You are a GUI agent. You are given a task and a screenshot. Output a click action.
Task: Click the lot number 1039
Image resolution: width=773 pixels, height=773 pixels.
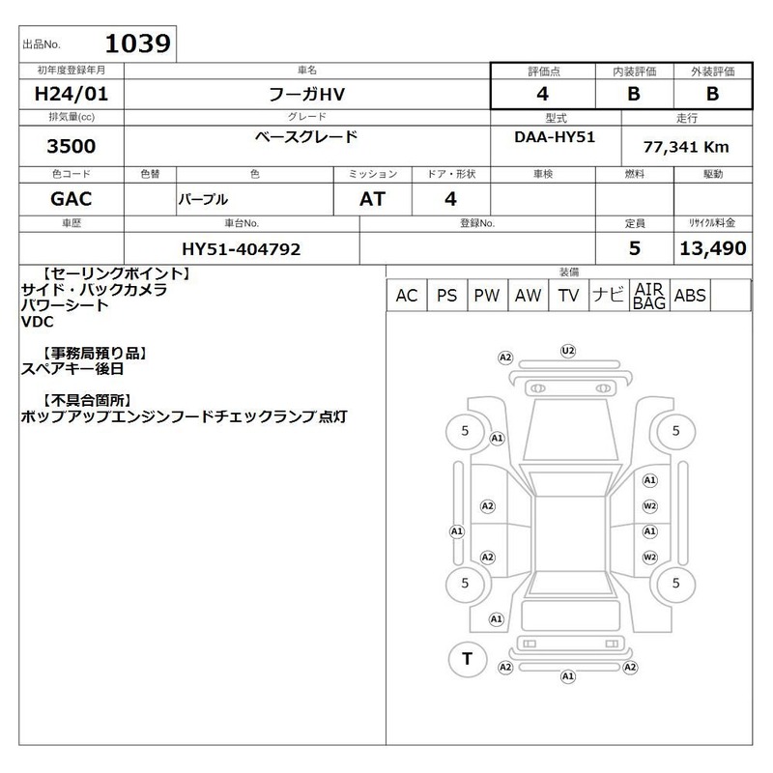click(137, 43)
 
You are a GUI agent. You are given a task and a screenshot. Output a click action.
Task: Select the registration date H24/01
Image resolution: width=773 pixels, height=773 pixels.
click(71, 94)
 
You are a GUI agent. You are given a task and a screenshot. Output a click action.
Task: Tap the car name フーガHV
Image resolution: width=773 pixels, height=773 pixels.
click(306, 94)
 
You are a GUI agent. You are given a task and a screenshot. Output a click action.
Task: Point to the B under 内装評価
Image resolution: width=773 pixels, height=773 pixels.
click(634, 94)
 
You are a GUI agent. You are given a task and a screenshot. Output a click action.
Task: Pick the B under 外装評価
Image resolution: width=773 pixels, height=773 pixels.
click(712, 94)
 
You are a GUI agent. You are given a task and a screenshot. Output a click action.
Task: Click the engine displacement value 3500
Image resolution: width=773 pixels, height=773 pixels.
click(71, 146)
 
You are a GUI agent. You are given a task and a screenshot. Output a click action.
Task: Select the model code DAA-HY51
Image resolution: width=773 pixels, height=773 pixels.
click(555, 137)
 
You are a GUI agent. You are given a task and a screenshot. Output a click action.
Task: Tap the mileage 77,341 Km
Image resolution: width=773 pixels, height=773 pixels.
click(686, 147)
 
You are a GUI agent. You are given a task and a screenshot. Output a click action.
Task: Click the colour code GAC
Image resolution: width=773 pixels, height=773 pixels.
click(71, 199)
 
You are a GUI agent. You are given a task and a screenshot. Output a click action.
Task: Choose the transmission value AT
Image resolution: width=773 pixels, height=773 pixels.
click(372, 199)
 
